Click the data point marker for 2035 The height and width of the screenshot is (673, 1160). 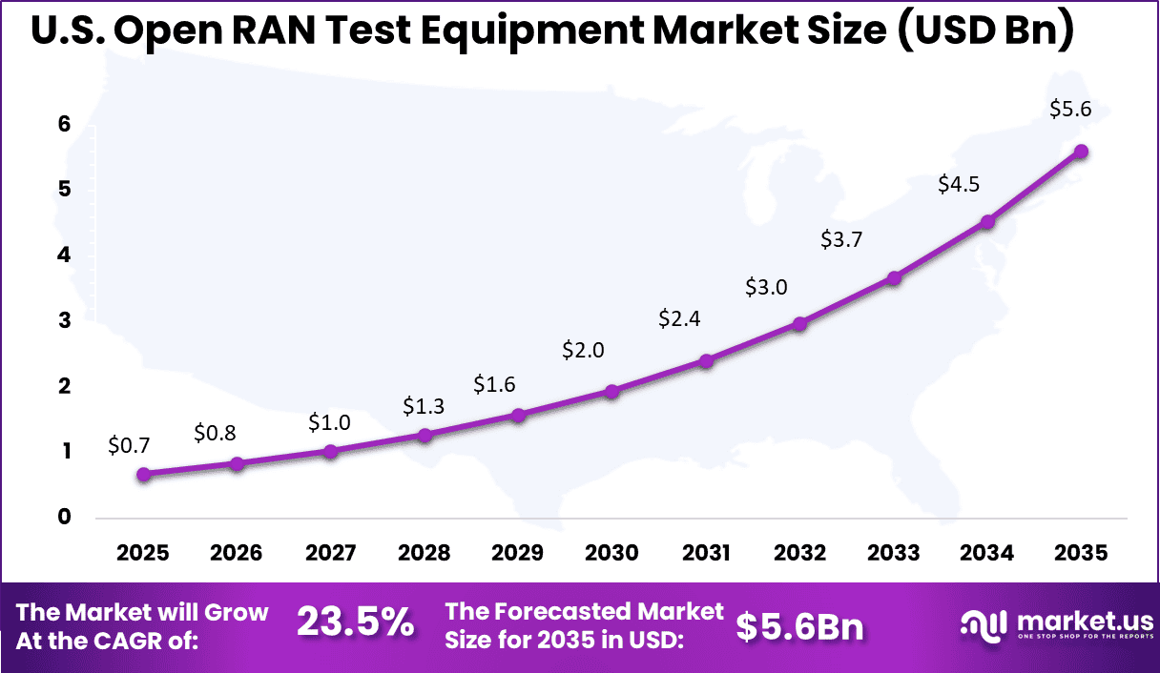coord(1081,152)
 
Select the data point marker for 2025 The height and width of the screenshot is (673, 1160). coord(143,474)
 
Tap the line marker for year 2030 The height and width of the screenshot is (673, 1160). coord(612,391)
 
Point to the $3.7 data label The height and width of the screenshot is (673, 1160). coord(841,240)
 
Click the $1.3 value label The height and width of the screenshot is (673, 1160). coord(424,408)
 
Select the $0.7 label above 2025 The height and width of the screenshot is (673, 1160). coord(130,444)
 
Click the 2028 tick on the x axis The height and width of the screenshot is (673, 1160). coord(425,553)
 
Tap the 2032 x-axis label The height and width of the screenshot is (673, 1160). coord(799,553)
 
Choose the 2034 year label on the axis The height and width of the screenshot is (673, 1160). coord(987,553)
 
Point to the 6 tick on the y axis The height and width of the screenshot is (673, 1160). coord(63,124)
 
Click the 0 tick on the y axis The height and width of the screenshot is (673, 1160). coord(63,517)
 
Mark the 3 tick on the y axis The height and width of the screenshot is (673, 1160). coord(63,320)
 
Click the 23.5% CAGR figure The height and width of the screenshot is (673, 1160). coord(355,623)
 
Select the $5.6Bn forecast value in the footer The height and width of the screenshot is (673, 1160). coord(800,626)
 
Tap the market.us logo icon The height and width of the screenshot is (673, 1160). coord(983,625)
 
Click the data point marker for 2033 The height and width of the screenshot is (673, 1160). coord(894,278)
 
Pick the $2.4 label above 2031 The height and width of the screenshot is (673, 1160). coord(679,319)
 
